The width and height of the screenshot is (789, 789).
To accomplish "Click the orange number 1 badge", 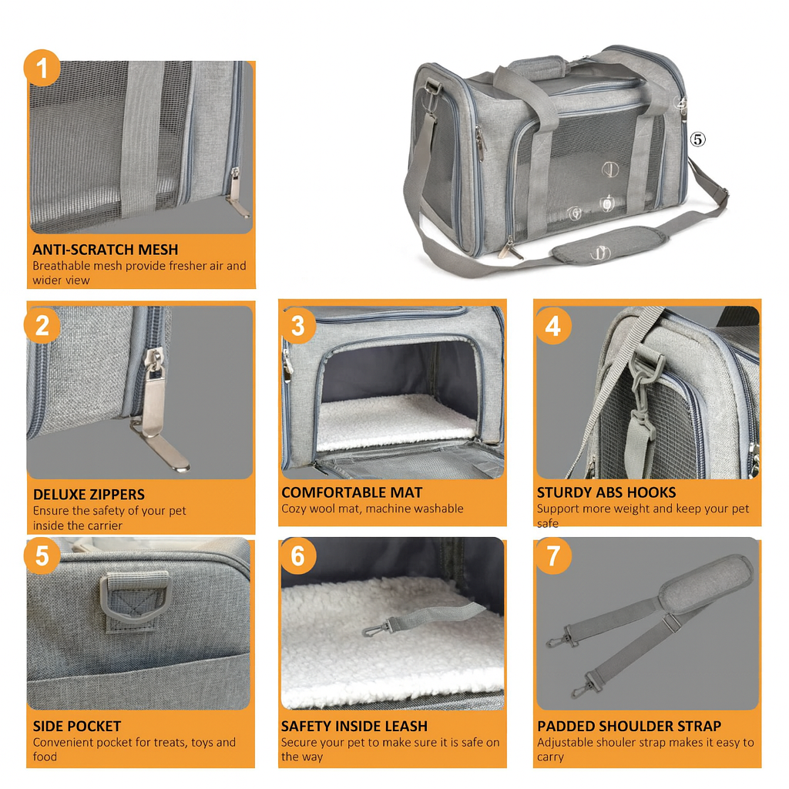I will tap(42, 69).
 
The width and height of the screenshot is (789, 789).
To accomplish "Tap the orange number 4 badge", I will tap(553, 325).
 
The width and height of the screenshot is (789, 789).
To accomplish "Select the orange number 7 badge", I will tap(553, 556).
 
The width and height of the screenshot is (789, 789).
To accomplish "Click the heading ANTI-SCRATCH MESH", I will tap(105, 250).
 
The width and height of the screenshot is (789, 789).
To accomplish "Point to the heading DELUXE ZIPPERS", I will tap(89, 495).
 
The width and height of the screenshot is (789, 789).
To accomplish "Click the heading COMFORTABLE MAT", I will tap(351, 492).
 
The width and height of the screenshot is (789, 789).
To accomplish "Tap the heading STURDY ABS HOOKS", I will tap(606, 492).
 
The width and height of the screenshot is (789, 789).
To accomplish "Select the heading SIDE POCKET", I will tap(76, 726).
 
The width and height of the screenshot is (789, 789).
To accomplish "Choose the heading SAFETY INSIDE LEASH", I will tap(354, 726).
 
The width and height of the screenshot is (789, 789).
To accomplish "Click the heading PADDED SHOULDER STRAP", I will tap(629, 726).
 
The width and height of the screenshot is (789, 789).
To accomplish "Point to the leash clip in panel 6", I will tap(376, 628).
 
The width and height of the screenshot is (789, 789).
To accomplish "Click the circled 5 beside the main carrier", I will tap(697, 139).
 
